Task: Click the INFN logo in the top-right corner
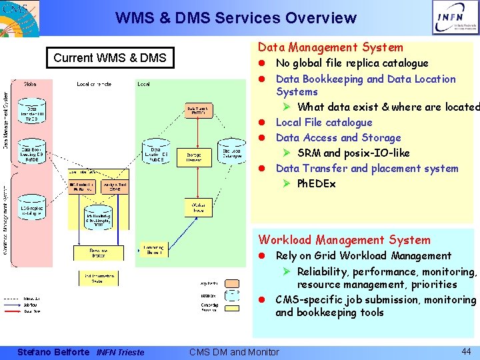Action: coord(455,18)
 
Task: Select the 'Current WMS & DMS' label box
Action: coord(110,58)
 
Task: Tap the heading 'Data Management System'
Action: coord(331,47)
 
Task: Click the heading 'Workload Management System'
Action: coord(345,240)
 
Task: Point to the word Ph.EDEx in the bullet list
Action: coord(317,183)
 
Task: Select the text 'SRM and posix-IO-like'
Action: coord(353,153)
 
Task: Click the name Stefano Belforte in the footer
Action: coord(53,352)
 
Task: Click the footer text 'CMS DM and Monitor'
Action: coord(234,352)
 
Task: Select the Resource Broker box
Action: coord(99,253)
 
